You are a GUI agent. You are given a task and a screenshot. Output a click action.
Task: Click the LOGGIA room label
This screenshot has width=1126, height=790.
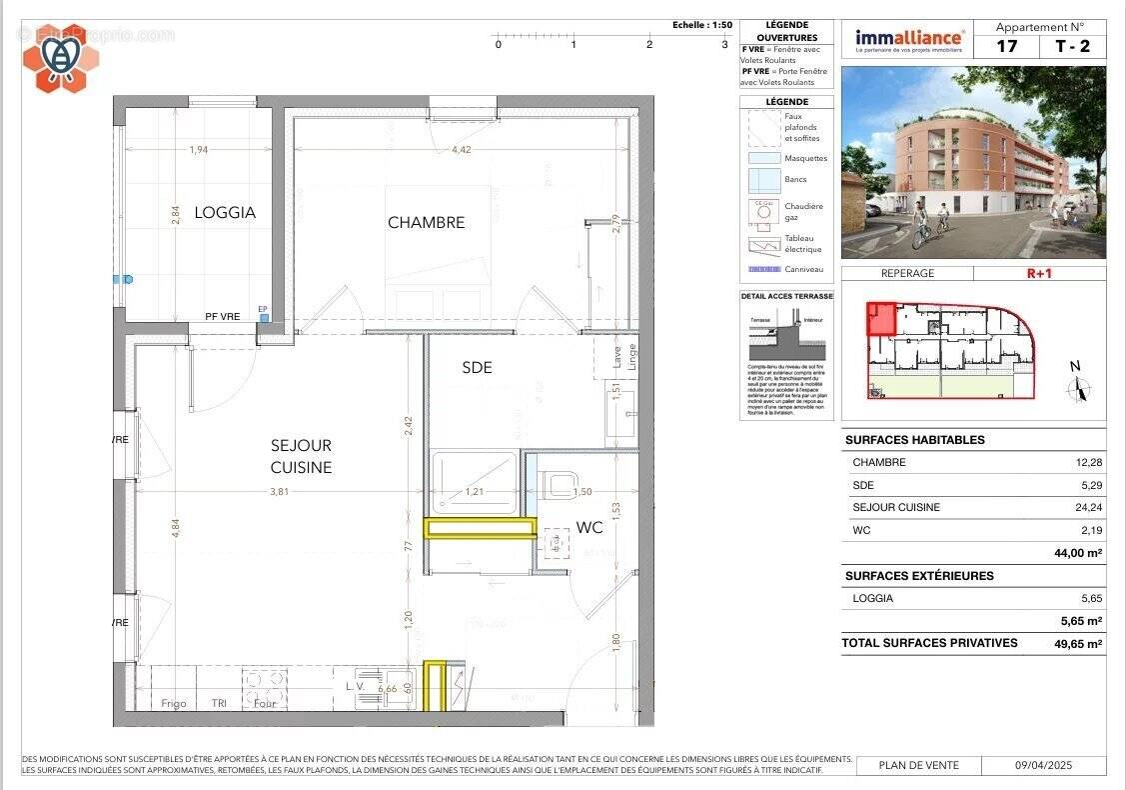click(x=224, y=212)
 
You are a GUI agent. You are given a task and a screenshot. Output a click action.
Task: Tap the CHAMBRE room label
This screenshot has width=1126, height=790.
click(x=427, y=222)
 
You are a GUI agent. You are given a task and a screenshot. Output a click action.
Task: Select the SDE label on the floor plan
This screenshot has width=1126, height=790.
click(x=477, y=367)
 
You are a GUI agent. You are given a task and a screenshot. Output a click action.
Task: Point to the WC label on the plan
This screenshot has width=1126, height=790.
click(x=589, y=527)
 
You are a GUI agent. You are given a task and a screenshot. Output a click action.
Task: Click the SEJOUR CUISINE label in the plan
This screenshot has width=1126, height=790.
click(x=301, y=456)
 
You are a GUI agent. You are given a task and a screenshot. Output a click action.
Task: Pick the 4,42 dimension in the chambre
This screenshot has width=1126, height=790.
click(x=461, y=150)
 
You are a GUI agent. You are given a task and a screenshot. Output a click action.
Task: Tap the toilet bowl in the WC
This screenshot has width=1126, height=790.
click(x=559, y=485)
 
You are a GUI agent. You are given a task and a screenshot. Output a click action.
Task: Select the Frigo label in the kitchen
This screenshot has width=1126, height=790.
click(x=174, y=703)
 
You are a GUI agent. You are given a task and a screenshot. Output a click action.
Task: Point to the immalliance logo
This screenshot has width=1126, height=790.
click(x=909, y=40)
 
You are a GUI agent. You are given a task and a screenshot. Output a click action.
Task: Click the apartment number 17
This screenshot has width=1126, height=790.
click(x=1006, y=46)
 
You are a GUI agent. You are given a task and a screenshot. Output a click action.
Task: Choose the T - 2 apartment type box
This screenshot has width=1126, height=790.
click(x=1073, y=46)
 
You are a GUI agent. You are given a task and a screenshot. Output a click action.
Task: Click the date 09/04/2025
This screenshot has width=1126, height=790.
click(x=1043, y=765)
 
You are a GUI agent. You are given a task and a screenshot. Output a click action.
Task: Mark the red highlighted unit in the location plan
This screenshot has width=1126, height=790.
click(x=879, y=319)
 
